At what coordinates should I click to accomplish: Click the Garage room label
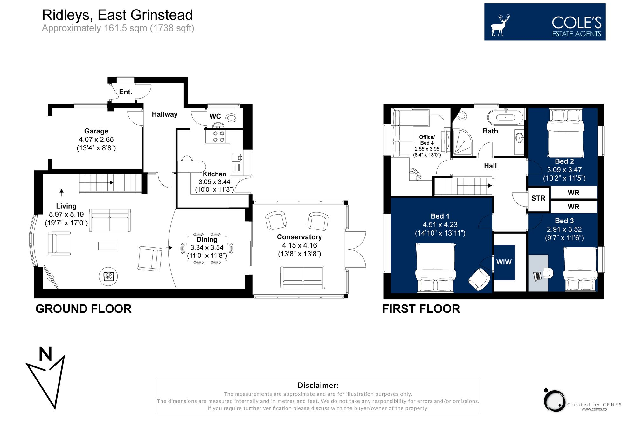96,131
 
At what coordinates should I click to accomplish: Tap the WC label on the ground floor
215,116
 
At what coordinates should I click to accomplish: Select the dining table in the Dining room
207,249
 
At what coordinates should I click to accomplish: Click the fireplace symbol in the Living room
108,276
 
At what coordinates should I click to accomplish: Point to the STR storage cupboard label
538,198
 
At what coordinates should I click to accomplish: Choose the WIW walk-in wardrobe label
504,262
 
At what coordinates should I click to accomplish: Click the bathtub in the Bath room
505,117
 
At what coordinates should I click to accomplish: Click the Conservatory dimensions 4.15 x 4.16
299,245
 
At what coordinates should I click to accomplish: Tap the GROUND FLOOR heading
83,309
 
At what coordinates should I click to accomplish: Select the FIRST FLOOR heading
421,309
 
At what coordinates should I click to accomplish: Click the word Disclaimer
318,385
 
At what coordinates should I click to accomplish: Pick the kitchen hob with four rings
218,137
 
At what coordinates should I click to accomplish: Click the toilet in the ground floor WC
232,118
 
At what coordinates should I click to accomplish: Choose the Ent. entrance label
125,92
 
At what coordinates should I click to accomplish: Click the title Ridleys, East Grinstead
117,15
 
